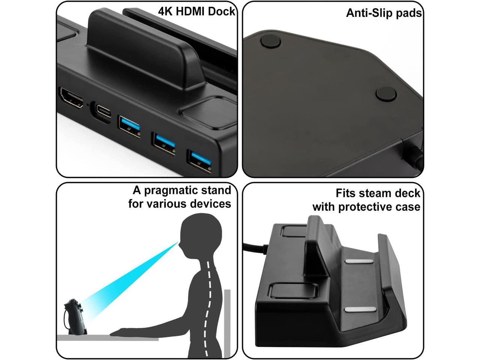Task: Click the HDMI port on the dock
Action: coord(71,99)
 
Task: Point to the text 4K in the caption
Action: coord(165,11)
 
